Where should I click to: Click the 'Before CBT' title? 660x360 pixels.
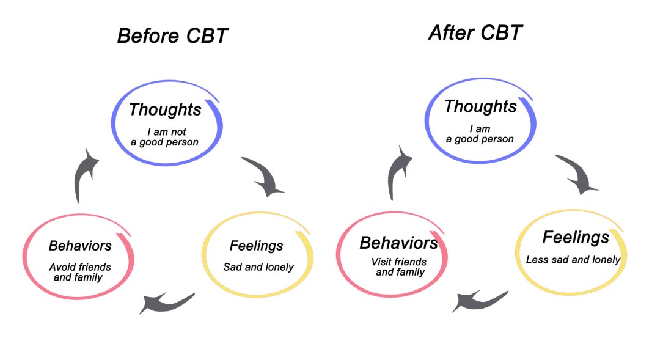point(172,35)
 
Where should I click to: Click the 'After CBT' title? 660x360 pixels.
point(475,32)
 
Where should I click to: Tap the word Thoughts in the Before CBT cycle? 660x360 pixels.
point(165,109)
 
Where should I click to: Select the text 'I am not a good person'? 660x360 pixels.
point(165,137)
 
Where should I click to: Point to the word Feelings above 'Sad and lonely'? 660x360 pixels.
point(256,246)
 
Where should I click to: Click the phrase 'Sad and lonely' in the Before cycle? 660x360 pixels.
point(258,267)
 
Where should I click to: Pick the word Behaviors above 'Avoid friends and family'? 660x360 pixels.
point(80,246)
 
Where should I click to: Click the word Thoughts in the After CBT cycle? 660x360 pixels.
point(480,106)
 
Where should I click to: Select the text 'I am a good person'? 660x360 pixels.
point(480,134)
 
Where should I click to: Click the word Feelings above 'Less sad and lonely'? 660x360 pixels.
point(576,237)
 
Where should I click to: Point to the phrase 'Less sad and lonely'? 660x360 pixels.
point(573,260)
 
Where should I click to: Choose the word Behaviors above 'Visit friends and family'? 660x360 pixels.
point(398,243)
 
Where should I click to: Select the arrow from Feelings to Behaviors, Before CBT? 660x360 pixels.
point(165,301)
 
